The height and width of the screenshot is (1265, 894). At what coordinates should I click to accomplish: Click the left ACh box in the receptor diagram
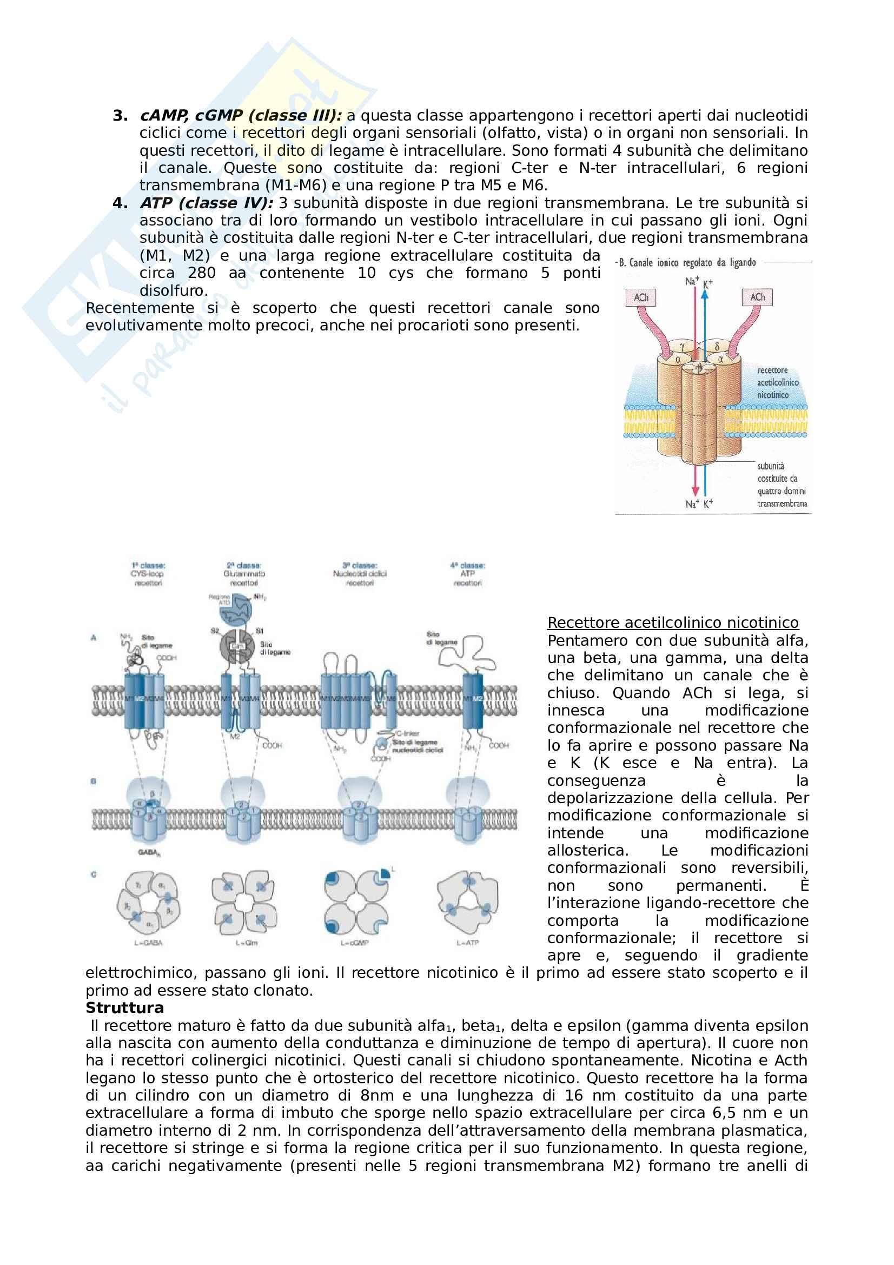click(x=640, y=297)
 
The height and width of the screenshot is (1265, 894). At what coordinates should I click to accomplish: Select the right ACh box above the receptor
click(x=757, y=297)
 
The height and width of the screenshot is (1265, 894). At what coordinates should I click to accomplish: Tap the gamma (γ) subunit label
click(x=682, y=347)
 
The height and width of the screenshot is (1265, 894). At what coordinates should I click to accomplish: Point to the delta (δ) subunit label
click(x=717, y=347)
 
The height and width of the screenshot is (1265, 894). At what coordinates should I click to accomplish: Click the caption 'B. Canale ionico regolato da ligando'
click(x=687, y=262)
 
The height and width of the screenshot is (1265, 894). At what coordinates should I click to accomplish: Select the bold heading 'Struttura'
click(x=124, y=1008)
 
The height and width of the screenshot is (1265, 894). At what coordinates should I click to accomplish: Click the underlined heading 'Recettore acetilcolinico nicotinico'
click(x=673, y=622)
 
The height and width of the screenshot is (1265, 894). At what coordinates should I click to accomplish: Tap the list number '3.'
click(x=120, y=115)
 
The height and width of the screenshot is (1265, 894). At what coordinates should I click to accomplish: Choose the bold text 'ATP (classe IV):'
click(x=207, y=203)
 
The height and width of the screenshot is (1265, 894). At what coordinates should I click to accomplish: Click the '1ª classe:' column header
click(x=148, y=565)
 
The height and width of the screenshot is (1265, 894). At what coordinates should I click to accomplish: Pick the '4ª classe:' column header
click(x=467, y=565)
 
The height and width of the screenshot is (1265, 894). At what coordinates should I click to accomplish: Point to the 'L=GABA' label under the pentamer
click(x=148, y=943)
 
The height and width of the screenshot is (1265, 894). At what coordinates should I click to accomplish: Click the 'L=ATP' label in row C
click(x=468, y=943)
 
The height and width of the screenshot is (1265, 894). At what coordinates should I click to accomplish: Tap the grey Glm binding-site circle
click(x=237, y=646)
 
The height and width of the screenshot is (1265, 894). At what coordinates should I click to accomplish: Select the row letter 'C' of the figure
click(x=94, y=875)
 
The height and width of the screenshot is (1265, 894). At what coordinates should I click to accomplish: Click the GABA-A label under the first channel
click(x=149, y=853)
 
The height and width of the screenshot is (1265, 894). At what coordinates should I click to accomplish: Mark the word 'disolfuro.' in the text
click(x=174, y=290)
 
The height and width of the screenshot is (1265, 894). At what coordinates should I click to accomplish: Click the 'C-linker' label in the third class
click(x=408, y=733)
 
